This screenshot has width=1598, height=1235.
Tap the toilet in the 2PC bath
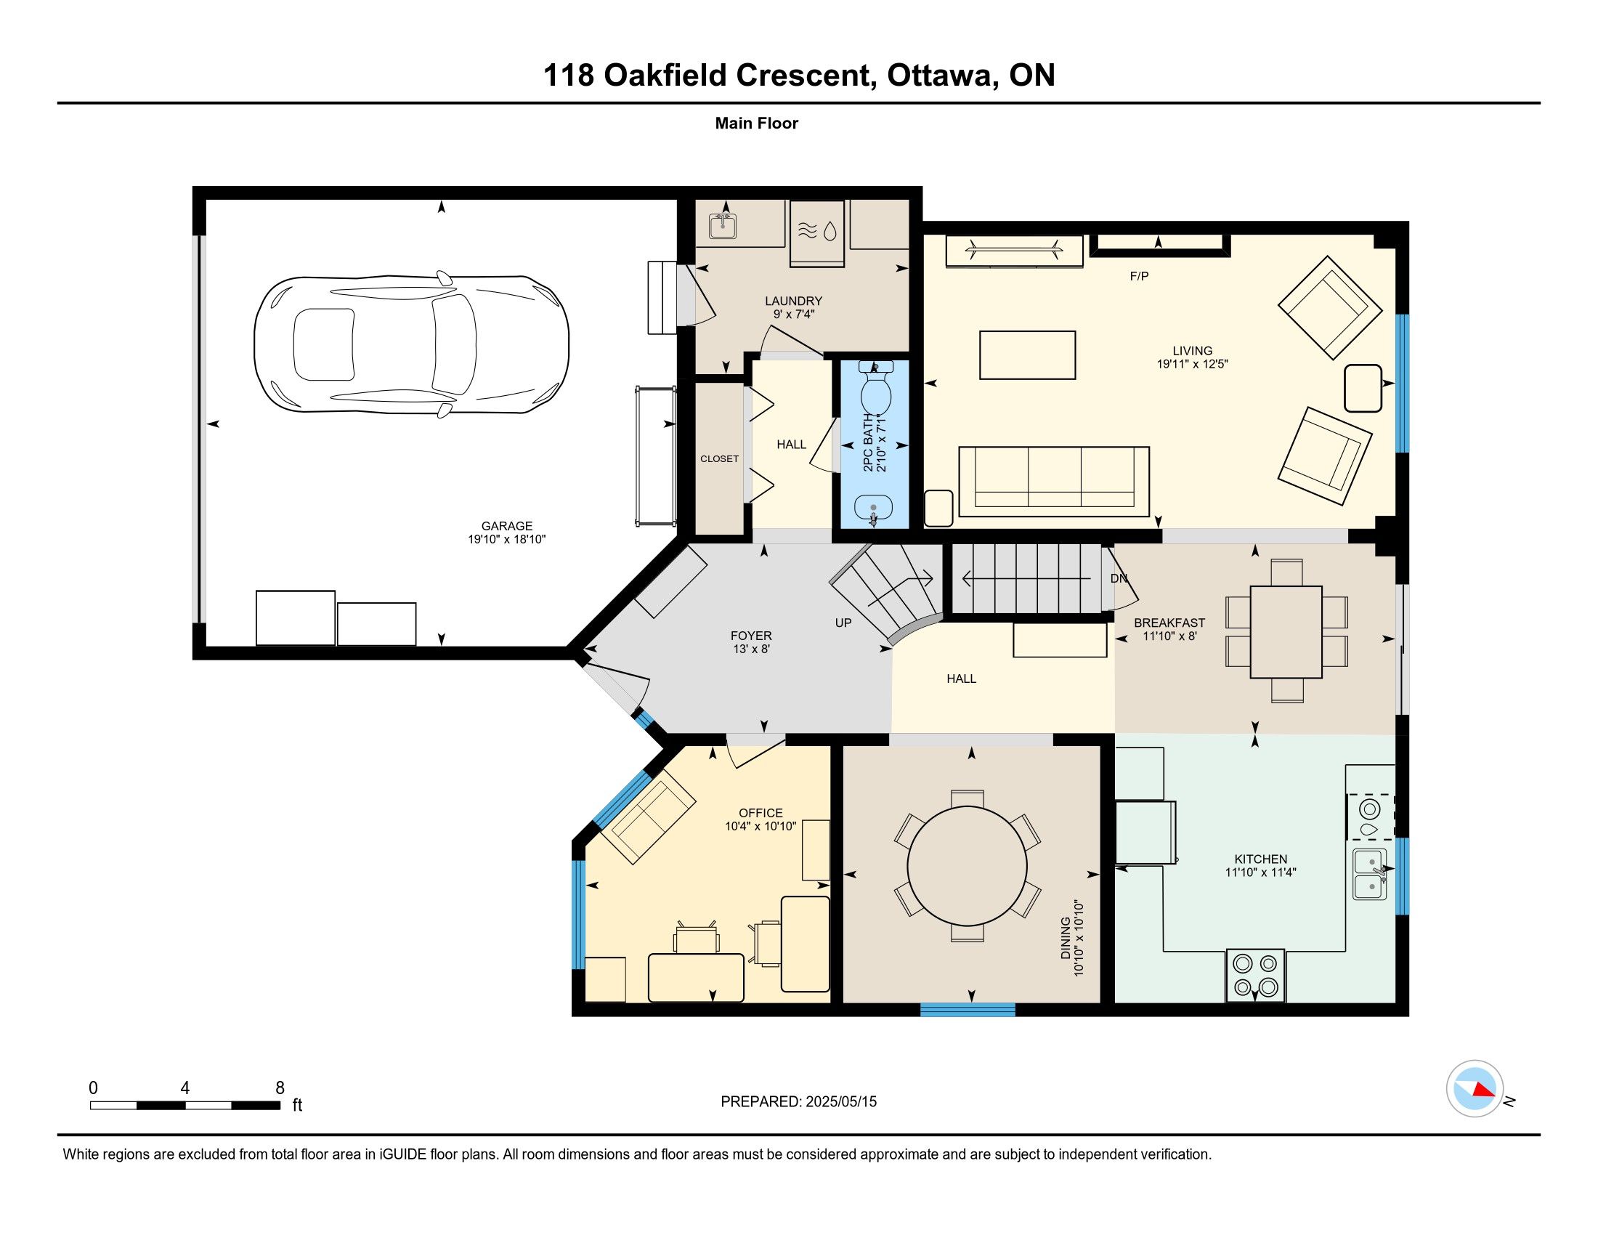[875, 389]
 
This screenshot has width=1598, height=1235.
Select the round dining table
[968, 865]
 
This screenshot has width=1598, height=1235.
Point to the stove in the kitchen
[1256, 975]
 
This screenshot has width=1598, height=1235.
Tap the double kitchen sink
[1370, 874]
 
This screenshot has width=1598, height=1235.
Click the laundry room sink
[723, 227]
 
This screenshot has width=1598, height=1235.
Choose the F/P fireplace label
[1139, 277]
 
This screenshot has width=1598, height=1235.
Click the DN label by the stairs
[1119, 578]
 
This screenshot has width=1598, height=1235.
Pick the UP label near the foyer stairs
[843, 623]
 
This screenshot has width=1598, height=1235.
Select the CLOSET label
[719, 458]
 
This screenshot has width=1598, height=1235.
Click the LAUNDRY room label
[794, 301]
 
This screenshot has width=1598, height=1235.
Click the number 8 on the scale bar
[280, 1088]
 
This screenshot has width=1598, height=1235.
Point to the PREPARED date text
[798, 1101]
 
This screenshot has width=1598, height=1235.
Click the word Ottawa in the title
[939, 76]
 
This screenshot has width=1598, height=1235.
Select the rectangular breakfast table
[1286, 632]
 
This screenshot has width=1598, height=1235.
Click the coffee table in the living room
[1027, 355]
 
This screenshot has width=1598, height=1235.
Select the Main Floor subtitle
[757, 123]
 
